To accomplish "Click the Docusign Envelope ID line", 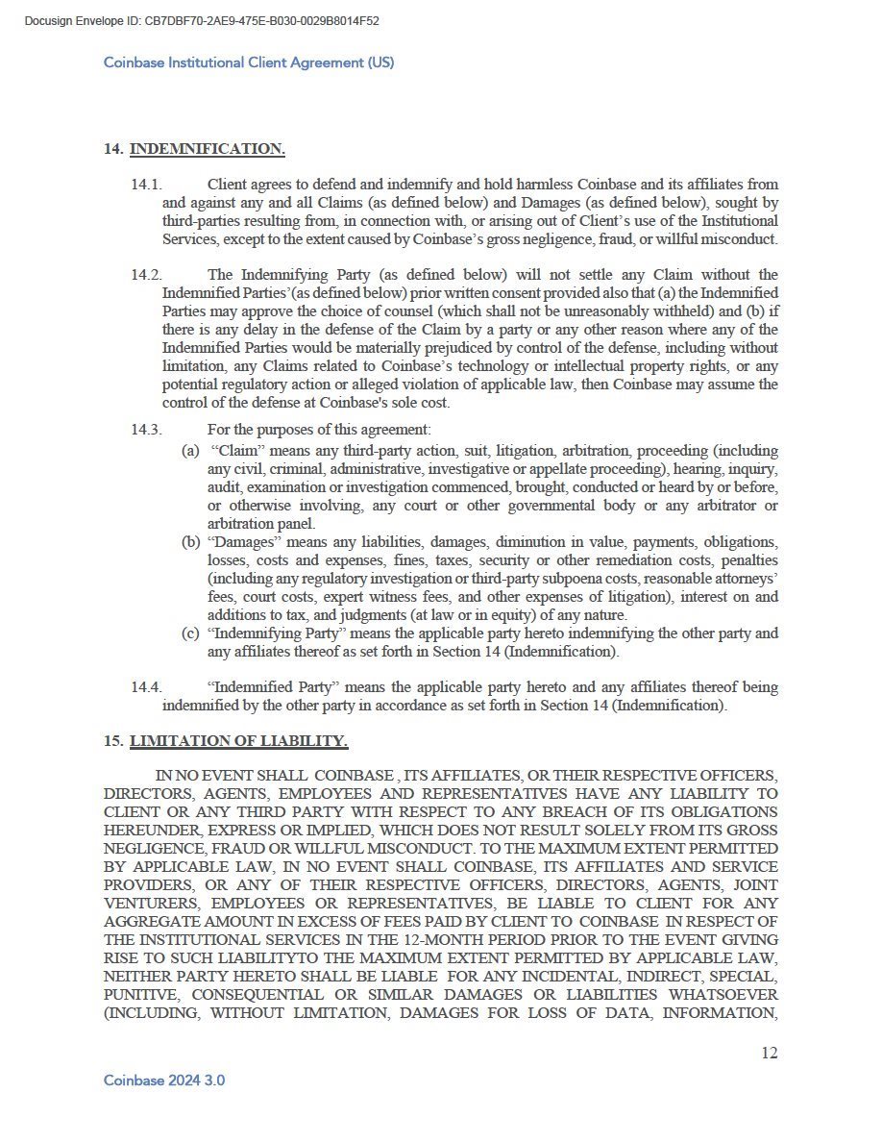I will click(202, 20).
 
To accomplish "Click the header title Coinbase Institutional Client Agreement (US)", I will click(249, 62).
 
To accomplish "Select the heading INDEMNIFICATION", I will click(207, 149).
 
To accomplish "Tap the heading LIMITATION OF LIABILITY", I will click(238, 741).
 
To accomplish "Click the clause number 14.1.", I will click(146, 185).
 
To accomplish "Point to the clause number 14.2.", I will click(146, 275).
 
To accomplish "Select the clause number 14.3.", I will click(146, 430).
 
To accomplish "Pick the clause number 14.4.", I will click(146, 687).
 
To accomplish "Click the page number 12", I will click(769, 1053).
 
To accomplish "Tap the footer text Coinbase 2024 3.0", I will click(164, 1080).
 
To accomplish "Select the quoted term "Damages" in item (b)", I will click(240, 542).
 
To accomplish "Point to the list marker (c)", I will click(190, 633).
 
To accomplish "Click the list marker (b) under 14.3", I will click(190, 542).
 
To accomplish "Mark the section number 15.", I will click(111, 741).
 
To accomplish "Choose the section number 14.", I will click(111, 149).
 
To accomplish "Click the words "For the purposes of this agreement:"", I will click(319, 430).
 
